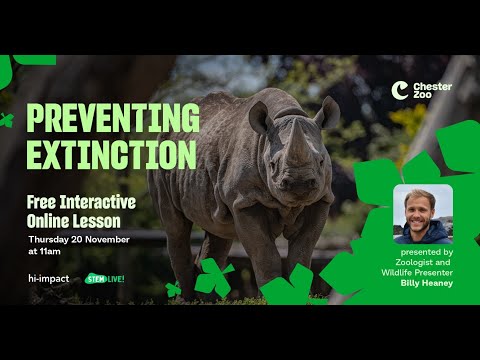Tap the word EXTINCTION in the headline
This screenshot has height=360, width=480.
[x=110, y=154]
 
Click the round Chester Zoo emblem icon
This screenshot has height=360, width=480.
[x=400, y=91]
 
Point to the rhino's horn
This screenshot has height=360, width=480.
[x=300, y=149]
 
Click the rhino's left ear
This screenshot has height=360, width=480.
[x=262, y=117]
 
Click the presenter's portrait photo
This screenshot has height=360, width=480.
[x=422, y=214]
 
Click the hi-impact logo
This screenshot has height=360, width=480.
[x=48, y=278]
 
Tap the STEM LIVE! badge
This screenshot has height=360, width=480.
[x=105, y=278]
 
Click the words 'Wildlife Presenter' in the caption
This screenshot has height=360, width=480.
[x=423, y=273]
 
